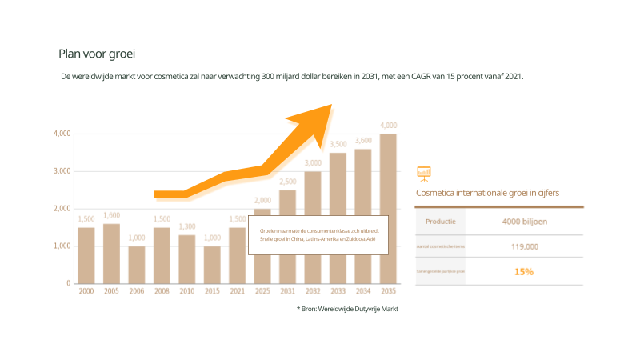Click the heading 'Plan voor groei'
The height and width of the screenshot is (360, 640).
97,54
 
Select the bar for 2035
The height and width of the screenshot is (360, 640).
388,208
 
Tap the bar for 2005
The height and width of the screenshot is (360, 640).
111,253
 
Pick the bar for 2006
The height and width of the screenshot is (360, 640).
137,264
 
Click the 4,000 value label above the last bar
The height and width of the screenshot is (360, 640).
388,126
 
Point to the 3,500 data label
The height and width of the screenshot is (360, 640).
338,144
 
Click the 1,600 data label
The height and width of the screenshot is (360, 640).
111,215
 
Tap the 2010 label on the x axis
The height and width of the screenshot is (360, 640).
186,291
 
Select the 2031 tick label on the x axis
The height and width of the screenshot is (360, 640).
287,291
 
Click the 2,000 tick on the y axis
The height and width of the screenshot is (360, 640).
62,209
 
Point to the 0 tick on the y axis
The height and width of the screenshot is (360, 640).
68,283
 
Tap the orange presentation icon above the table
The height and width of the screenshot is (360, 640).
424,172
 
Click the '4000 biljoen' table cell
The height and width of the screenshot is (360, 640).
524,222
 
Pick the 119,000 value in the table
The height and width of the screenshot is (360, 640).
524,246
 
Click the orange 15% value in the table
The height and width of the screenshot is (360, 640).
524,272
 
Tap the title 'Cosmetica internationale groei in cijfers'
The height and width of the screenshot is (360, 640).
488,193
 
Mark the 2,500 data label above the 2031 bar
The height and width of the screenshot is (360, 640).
287,182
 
